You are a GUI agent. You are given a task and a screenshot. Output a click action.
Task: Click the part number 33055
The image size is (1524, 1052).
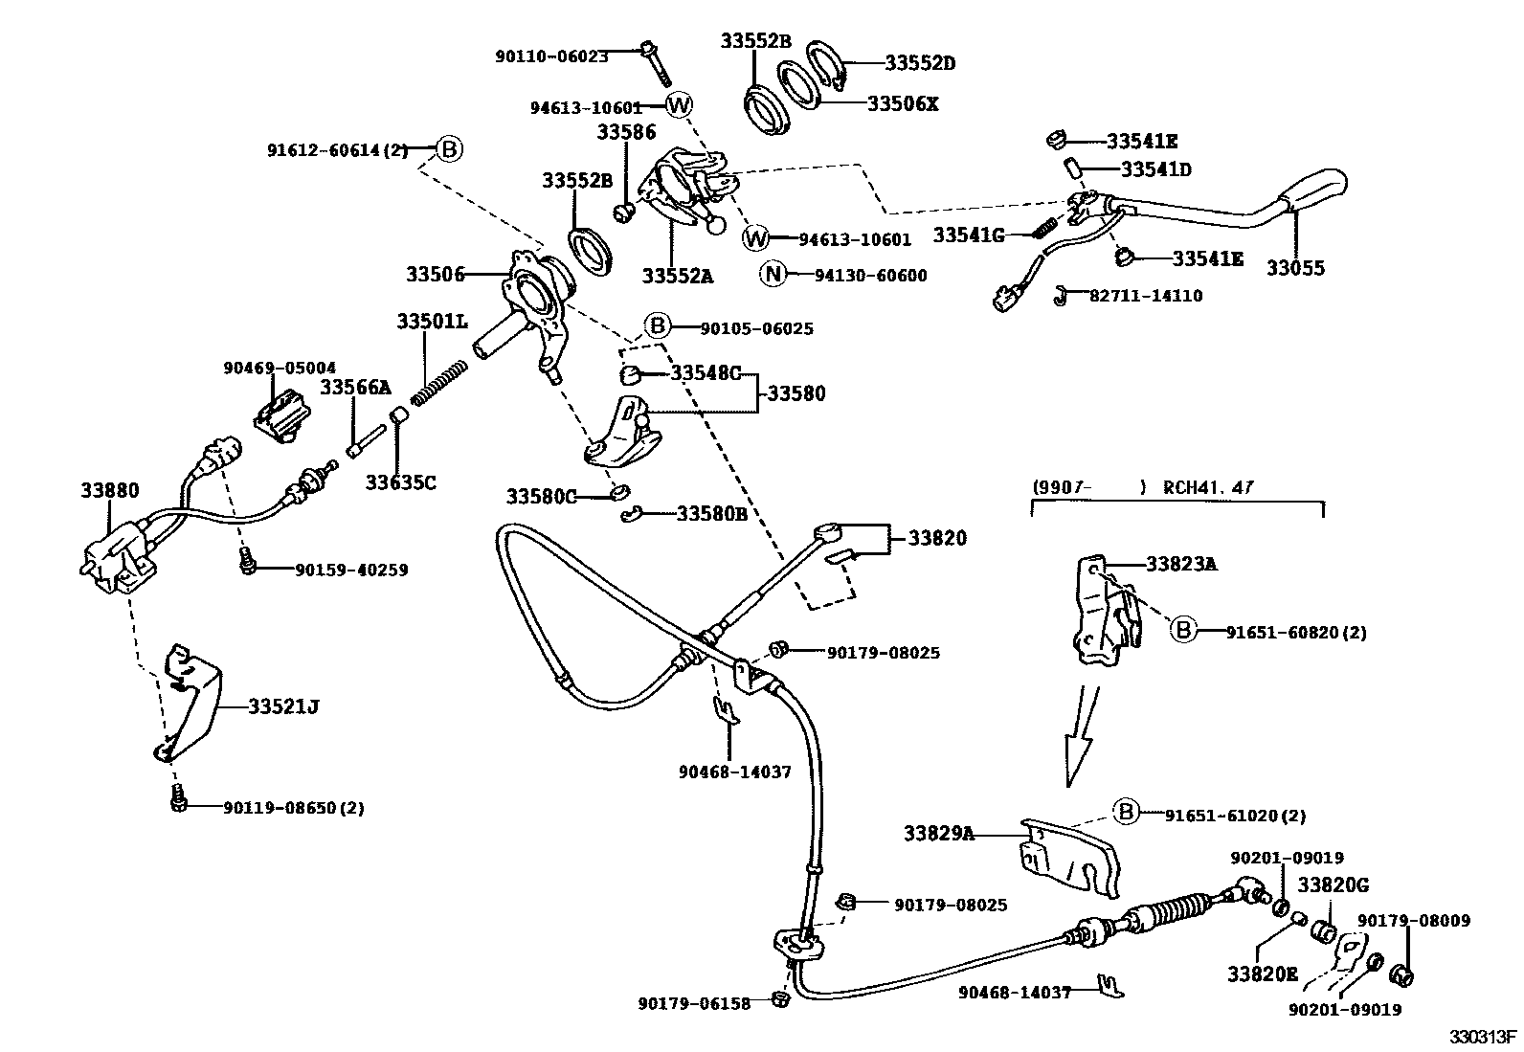coord(1295,268)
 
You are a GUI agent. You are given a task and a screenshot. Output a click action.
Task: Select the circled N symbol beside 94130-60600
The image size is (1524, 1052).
coord(773,276)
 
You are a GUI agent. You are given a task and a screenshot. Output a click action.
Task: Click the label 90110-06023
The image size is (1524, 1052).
coord(551,56)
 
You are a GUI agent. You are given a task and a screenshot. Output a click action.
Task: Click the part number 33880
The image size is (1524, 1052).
coord(109,491)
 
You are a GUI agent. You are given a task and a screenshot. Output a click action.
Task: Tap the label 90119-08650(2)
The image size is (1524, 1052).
coord(294,808)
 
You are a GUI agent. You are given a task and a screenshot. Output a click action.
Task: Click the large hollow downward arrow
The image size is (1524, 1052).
coord(1080,737)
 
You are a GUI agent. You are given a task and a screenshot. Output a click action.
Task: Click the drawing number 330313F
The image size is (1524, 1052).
coord(1482,1038)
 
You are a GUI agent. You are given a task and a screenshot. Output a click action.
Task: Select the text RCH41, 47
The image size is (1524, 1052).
coord(1208,487)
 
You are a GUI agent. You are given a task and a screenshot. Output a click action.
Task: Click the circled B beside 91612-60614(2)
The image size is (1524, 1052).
coord(450,149)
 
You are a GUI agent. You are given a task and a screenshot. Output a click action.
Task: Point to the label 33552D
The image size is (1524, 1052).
coord(919,64)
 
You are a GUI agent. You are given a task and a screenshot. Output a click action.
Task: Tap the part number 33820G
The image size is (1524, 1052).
coord(1333,886)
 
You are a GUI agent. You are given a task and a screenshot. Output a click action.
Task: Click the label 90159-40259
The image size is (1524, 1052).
coord(351,571)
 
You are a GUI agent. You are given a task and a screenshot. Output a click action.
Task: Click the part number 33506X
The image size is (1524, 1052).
coord(903,103)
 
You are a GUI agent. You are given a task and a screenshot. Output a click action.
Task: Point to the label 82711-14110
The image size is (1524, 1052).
coord(1146,296)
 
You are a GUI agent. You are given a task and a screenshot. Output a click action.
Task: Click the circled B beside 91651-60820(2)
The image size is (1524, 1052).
coord(1185,631)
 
